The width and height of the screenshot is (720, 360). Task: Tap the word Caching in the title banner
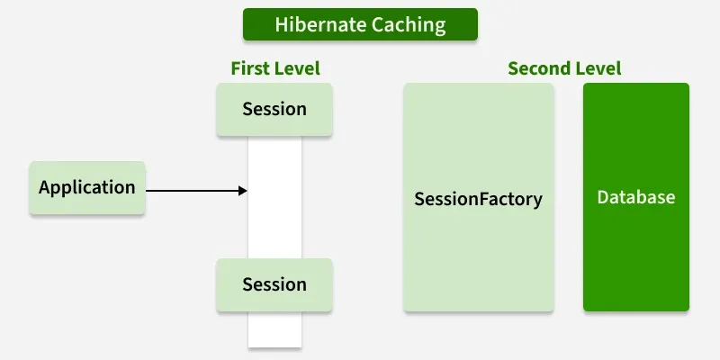(x=404, y=24)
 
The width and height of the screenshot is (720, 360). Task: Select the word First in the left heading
(x=248, y=68)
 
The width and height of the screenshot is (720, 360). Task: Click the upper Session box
(x=274, y=110)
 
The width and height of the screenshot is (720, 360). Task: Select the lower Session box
(x=274, y=284)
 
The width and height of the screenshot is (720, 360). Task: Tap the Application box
(x=87, y=188)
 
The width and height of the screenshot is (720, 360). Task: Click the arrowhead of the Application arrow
(x=243, y=191)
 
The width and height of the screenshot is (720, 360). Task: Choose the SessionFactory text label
(x=478, y=198)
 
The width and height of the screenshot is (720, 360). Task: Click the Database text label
(x=635, y=197)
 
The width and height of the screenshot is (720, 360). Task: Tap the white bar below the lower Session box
(x=274, y=329)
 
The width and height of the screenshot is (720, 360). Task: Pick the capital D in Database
(x=603, y=197)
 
